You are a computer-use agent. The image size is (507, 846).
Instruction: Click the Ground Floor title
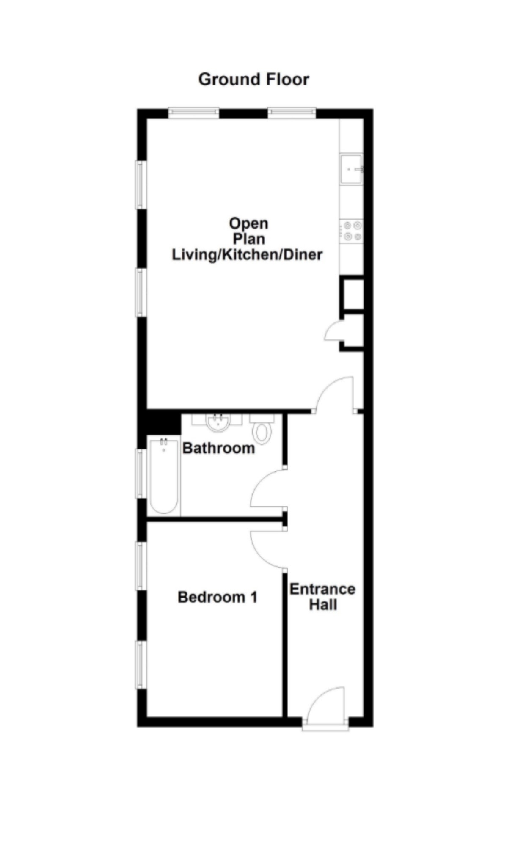click(253, 80)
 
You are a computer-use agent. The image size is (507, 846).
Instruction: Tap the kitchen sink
click(351, 169)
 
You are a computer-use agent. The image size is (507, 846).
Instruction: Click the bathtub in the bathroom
click(164, 476)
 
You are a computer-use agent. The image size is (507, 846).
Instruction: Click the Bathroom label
click(218, 448)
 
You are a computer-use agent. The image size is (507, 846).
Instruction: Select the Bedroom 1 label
click(218, 597)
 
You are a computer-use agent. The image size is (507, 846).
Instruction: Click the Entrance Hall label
click(322, 597)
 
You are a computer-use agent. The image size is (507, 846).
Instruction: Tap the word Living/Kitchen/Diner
click(247, 255)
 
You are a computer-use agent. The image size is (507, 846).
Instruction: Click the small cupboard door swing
click(333, 331)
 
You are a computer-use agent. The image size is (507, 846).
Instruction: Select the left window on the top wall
click(194, 113)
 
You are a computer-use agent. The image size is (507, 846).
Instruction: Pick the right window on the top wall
click(292, 113)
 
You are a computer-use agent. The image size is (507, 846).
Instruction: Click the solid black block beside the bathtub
click(163, 422)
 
